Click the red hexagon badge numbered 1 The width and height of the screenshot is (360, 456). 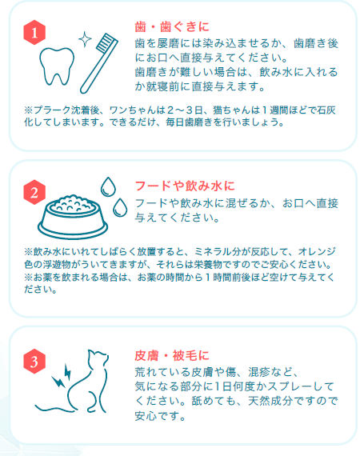pos(34,32)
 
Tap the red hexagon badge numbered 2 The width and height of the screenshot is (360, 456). pos(34,192)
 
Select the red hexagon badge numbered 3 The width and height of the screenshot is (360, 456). pos(34,361)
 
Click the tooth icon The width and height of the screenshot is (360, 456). pos(57,66)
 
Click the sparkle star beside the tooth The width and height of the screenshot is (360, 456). pos(85,39)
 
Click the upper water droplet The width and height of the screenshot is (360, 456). pos(108,187)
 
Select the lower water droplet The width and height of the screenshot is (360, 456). pos(120,208)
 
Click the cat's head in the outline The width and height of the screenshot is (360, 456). pos(98,359)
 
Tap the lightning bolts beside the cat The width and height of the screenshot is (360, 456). pos(62,376)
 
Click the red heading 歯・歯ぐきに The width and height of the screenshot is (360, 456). pos(172,26)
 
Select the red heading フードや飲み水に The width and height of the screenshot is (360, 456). pos(185,186)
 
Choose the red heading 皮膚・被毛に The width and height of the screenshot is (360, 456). pos(172,356)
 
